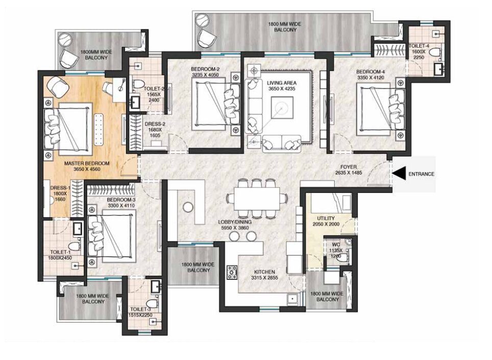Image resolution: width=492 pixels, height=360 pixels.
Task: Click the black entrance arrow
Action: point(398,174)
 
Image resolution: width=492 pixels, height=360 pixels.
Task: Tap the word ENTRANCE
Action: point(421,174)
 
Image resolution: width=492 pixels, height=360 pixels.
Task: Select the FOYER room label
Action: point(348,167)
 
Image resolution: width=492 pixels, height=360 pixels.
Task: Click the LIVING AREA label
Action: point(281,83)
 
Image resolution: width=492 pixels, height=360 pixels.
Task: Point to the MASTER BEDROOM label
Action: point(87,163)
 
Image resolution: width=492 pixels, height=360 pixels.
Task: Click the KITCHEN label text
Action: point(264,272)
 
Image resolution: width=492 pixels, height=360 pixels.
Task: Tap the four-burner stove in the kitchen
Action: point(232,272)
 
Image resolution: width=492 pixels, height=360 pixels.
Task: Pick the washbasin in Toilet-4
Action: point(438,69)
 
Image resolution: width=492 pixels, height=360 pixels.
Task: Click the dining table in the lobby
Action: point(256,198)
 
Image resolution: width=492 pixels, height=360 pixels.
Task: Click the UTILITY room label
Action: point(326,218)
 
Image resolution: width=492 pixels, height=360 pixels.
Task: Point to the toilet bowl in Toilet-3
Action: point(152,303)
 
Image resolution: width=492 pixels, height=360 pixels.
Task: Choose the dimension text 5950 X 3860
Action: point(235,228)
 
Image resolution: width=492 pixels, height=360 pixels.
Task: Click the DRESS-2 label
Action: point(155,124)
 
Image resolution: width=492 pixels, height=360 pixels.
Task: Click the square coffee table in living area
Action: point(282,108)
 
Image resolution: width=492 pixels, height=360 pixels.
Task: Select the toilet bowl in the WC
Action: point(343,258)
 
